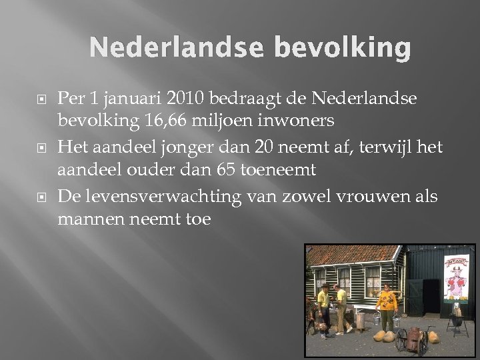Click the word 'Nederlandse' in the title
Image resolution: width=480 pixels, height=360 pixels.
point(171,47)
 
